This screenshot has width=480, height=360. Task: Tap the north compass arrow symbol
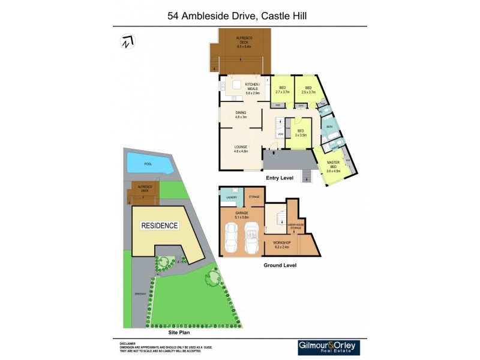127,43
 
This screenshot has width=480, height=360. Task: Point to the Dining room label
241,115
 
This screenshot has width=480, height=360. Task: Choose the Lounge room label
241,149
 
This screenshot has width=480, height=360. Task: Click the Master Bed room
334,166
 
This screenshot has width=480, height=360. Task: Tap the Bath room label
329,127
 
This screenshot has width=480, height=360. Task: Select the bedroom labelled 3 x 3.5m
301,133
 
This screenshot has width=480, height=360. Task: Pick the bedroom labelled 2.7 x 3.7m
282,90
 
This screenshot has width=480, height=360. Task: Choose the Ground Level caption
280,265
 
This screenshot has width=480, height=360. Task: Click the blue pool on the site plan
148,163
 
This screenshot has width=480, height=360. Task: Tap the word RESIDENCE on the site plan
159,226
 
